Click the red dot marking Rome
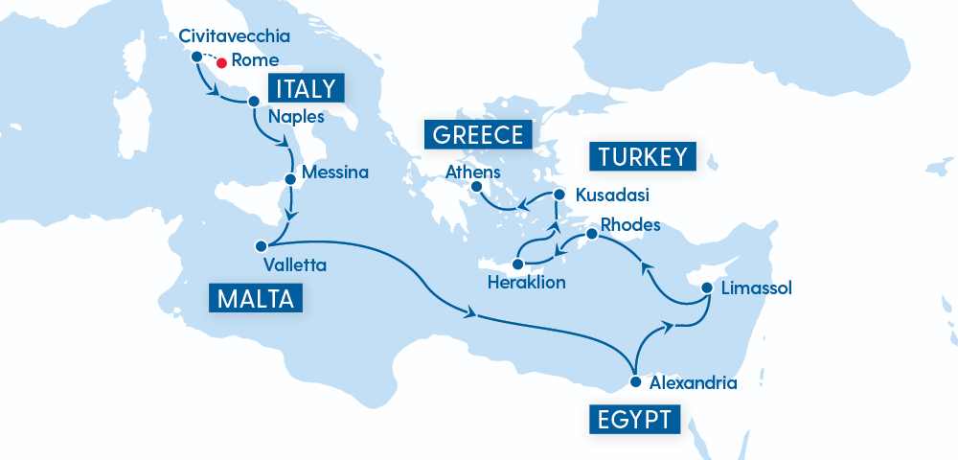pos(221,63)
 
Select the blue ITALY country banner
pos(306,89)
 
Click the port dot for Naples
pos(254,101)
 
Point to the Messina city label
pos(334,173)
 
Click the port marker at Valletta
pos(261,245)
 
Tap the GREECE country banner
pos(478,134)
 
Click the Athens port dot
pos(476,189)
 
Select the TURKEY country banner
pos(643,157)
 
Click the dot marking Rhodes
pos(591,233)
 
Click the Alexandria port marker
pos(635,381)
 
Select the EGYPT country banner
pos(634,419)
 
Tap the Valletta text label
pos(294,264)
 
